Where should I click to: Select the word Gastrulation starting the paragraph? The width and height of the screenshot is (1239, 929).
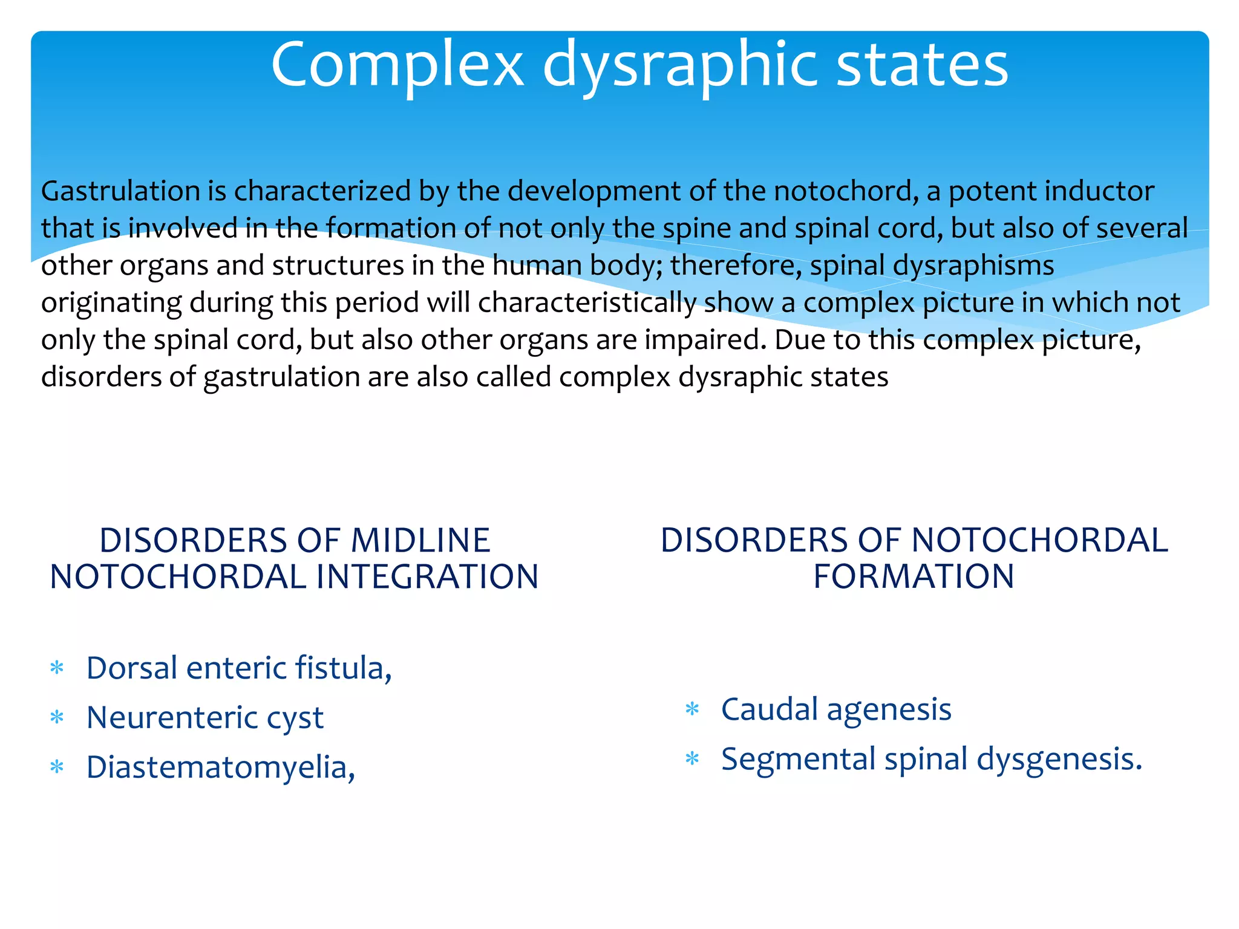(120, 191)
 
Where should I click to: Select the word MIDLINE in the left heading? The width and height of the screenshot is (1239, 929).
(420, 540)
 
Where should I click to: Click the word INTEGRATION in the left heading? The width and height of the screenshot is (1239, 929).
(427, 576)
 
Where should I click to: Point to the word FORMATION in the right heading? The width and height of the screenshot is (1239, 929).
(914, 576)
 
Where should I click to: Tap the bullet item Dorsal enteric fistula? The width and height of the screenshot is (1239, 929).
(239, 668)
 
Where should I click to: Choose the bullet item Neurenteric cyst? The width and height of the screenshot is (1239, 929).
(205, 718)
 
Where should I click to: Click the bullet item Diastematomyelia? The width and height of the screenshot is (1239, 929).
(221, 768)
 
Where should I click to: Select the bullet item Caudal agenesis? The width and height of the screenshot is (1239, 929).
(836, 709)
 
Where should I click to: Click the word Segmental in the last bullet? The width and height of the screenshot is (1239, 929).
(798, 759)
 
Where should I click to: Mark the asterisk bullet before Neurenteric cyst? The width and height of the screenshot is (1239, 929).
(57, 719)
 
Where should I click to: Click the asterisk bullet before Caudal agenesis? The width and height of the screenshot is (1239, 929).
(692, 709)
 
